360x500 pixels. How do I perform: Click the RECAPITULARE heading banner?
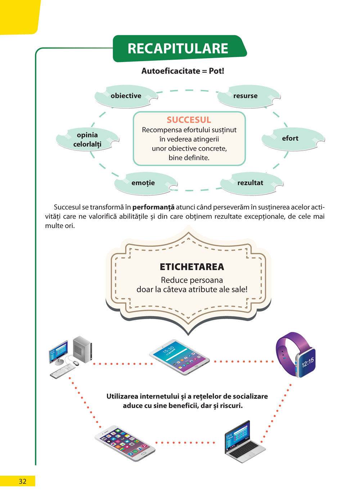[178, 49]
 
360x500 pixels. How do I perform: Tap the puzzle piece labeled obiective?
[126, 96]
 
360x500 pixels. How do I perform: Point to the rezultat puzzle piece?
[251, 183]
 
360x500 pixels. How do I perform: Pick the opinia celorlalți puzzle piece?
[87, 139]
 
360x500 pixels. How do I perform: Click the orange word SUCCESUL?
[189, 120]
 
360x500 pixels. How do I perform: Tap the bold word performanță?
[153, 207]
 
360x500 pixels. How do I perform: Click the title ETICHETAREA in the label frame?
[192, 267]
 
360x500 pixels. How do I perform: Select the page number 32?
[22, 481]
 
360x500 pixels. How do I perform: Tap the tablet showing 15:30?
[179, 357]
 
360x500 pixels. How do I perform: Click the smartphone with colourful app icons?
[125, 444]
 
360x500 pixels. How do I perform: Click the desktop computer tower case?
[82, 350]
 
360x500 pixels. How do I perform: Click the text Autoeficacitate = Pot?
[183, 71]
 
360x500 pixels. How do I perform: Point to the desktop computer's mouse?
[76, 363]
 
